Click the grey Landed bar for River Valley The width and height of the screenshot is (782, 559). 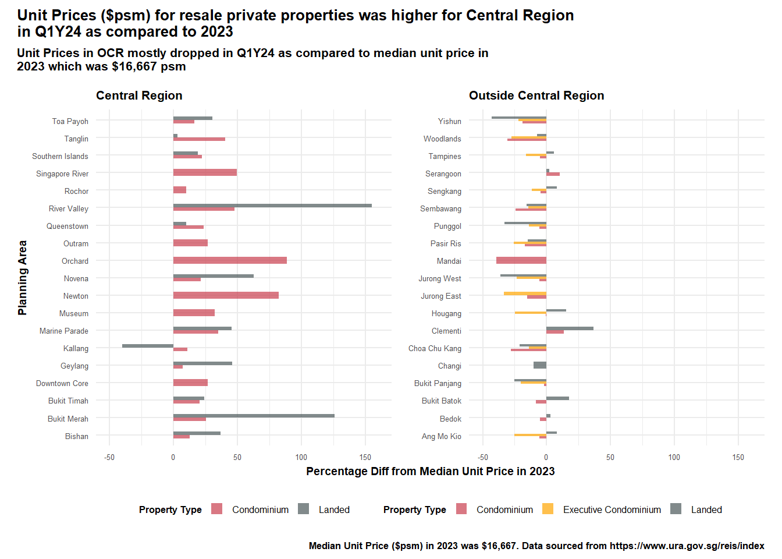pos(272,206)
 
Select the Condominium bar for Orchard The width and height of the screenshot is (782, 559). pos(230,260)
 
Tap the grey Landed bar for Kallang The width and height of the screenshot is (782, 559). pos(148,346)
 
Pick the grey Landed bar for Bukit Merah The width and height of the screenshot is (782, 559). pos(254,416)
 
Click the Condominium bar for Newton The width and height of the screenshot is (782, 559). pos(226,295)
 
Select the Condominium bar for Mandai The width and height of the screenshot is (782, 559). pos(521,260)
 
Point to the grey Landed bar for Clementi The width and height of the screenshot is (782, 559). pos(570,328)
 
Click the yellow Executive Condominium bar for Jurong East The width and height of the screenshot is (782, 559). pos(525,293)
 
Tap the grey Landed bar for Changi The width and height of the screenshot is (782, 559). pos(540,365)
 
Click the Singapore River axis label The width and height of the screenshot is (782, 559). pos(62,174)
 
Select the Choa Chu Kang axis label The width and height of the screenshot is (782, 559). pos(435,348)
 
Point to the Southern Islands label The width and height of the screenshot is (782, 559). pos(60,156)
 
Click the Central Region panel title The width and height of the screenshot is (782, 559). pos(139,95)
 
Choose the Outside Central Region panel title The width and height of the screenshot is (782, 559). pos(536,95)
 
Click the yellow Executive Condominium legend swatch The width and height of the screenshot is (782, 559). pos(548,509)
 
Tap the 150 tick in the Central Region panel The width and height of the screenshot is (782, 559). pos(365,457)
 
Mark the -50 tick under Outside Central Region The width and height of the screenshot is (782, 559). pos(482,457)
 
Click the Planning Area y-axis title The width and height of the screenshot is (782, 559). pos(23,278)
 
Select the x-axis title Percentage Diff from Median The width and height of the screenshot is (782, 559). pos(430,471)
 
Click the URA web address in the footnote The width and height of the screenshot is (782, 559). pos(687,546)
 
